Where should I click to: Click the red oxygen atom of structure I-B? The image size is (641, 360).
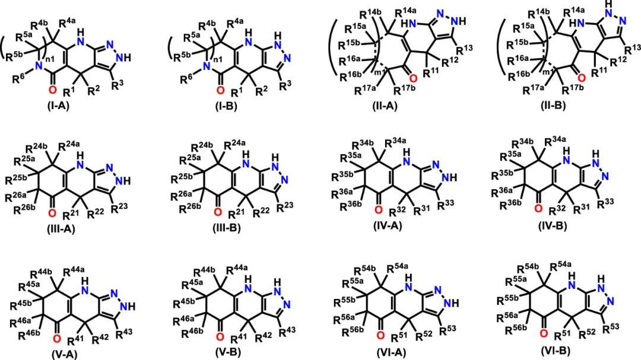(220, 90)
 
